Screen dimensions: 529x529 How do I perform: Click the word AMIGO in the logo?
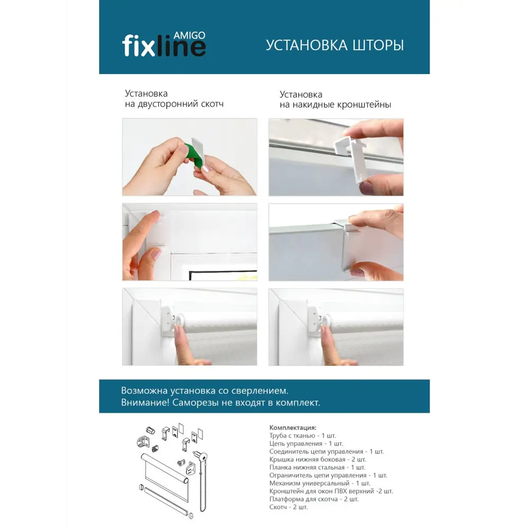189,35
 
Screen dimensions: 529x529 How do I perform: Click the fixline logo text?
163,47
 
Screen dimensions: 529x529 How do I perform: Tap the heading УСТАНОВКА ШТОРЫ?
335,45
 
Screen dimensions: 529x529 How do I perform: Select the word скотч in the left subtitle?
212,104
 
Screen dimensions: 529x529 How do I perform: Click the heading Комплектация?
293,428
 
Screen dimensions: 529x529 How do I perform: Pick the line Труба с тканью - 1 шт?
303,435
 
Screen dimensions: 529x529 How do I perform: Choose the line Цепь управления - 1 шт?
306,444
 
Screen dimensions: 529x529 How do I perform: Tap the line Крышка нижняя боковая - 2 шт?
317,460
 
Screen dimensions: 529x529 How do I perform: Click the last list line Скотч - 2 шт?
288,507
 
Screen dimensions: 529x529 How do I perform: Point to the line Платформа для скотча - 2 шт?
314,499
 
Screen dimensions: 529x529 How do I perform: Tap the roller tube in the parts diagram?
165,467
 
